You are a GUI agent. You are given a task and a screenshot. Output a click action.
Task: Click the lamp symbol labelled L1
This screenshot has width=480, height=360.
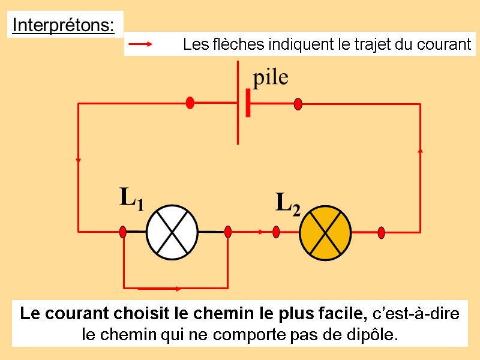click(x=173, y=232)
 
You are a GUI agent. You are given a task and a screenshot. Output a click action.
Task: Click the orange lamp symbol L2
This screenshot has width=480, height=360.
click(x=325, y=233)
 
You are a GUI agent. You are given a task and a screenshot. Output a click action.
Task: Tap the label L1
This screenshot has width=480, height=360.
click(x=131, y=199)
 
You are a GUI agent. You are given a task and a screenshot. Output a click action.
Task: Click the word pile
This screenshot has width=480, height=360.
click(x=270, y=77)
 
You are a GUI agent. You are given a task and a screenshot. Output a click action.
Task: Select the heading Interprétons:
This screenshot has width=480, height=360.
click(x=63, y=26)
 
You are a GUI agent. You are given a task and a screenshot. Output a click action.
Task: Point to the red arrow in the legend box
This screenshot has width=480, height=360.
click(x=142, y=44)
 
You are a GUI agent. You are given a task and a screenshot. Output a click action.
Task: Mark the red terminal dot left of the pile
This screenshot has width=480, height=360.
click(x=190, y=103)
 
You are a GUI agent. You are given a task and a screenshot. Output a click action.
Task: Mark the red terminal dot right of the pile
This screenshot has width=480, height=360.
click(x=298, y=104)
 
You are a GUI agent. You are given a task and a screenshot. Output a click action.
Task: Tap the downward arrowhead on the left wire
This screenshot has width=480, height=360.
click(x=79, y=160)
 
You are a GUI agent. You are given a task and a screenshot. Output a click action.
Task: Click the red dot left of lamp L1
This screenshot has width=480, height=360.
click(x=123, y=232)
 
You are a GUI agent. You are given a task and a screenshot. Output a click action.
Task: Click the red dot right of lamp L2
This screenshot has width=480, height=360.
click(x=381, y=232)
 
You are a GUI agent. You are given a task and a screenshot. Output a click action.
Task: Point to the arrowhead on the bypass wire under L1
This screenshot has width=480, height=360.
click(x=178, y=289)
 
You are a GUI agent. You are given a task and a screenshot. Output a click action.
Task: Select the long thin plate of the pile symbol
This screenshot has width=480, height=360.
click(x=238, y=102)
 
